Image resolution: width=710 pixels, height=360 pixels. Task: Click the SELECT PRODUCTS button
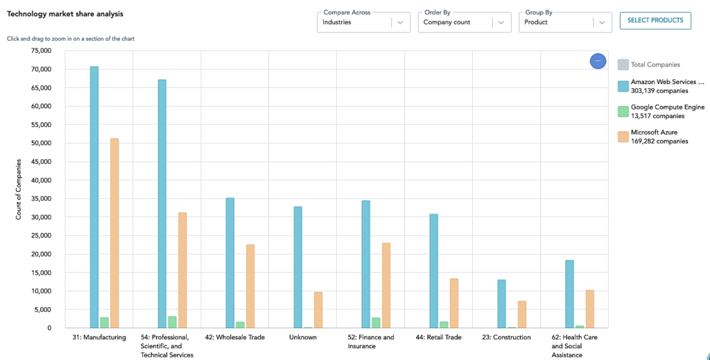(x=655, y=21)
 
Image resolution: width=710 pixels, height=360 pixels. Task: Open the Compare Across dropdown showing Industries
(x=363, y=22)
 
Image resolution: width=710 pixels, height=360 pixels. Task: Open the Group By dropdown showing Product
(x=565, y=22)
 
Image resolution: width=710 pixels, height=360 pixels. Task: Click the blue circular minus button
(x=598, y=62)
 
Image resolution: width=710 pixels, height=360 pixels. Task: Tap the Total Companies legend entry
(x=655, y=65)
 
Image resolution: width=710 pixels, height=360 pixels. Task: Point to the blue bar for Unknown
(x=297, y=267)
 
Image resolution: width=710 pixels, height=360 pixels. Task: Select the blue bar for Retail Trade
(x=433, y=271)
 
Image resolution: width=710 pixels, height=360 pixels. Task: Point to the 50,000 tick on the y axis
(x=40, y=144)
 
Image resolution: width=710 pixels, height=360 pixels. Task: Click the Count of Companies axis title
(x=19, y=189)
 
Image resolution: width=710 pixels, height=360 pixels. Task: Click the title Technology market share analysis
(x=60, y=14)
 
